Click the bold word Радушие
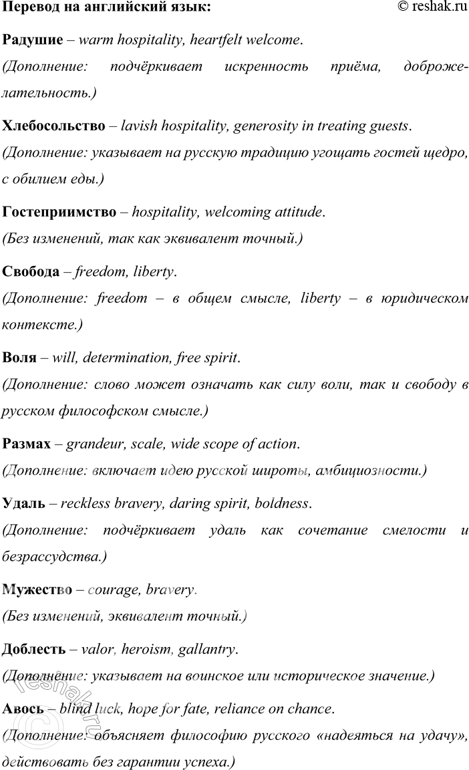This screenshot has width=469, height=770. tap(33, 40)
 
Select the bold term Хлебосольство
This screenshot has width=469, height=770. tap(53, 126)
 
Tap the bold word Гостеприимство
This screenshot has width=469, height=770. tap(59, 212)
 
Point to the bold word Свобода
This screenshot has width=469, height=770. tap(31, 271)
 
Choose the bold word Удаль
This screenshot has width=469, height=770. tap(24, 503)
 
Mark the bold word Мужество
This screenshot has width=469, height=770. tap(37, 590)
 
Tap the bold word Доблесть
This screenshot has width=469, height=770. tap(34, 649)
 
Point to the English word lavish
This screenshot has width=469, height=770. tap(138, 126)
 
